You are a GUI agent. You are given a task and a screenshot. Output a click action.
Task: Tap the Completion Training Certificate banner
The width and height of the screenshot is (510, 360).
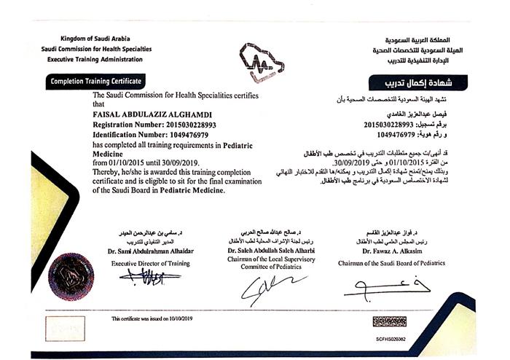(x=95, y=81)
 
